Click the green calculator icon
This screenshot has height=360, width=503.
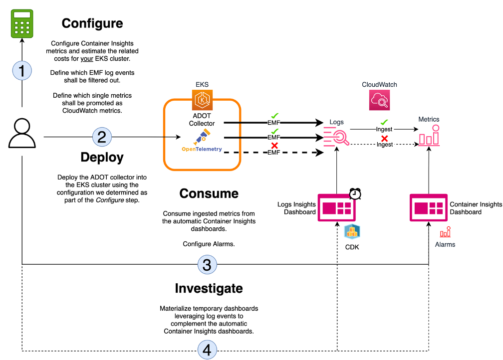click(22, 24)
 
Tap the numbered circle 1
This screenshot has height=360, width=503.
click(22, 70)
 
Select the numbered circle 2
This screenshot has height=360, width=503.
click(101, 137)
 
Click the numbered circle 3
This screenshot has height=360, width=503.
click(207, 264)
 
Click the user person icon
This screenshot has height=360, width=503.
click(22, 134)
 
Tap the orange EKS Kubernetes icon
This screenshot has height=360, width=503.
click(203, 100)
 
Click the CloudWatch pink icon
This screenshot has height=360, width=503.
click(379, 100)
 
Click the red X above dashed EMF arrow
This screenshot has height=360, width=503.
click(274, 145)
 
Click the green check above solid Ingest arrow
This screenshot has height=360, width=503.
click(384, 122)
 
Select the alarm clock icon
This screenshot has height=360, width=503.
click(355, 193)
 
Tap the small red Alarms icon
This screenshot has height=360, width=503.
click(445, 232)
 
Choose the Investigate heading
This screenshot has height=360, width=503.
click(209, 288)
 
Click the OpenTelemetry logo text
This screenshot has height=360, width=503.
click(202, 149)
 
